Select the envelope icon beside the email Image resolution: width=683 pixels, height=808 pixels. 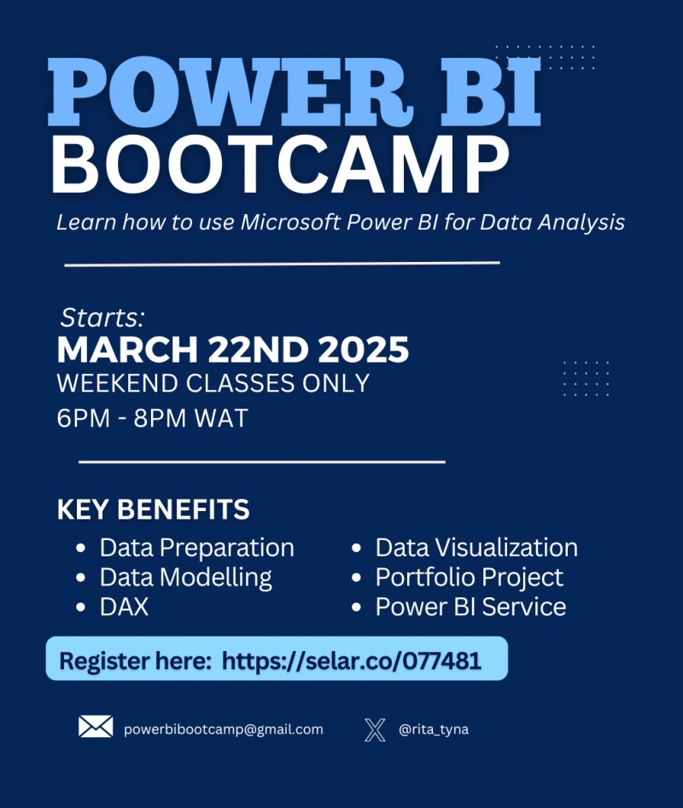tap(96, 727)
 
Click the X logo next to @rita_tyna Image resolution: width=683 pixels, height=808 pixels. tap(375, 730)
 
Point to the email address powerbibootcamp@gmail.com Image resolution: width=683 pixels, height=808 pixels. tap(224, 730)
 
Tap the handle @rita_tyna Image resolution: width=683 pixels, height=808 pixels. tap(434, 730)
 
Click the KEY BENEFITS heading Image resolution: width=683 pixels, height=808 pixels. tap(153, 510)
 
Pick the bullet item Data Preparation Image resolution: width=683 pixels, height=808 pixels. tap(196, 547)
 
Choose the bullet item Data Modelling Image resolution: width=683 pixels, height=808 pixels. tap(185, 577)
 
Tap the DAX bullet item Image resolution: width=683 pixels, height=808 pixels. tap(124, 607)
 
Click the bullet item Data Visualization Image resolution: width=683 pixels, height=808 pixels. tap(476, 547)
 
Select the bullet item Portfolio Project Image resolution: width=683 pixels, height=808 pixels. tap(470, 577)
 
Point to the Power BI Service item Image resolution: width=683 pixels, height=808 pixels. tap(470, 607)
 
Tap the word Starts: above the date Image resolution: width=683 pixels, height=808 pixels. tap(102, 317)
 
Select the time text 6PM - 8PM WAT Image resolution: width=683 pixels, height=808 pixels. tap(152, 419)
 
